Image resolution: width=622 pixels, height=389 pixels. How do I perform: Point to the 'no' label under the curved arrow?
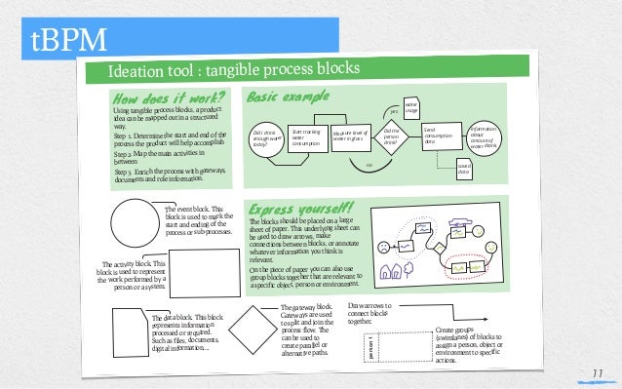[369, 166]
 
